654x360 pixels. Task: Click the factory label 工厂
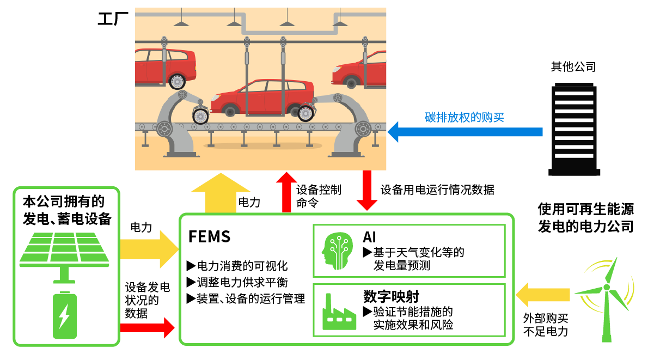113,19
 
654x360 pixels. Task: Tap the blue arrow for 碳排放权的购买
465,132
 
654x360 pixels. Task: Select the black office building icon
573,130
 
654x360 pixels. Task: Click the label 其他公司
573,67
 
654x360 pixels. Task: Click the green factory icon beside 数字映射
338,311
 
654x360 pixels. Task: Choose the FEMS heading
209,237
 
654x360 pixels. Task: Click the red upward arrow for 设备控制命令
284,192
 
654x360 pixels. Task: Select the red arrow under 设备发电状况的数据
147,328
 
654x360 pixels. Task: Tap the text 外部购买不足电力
545,325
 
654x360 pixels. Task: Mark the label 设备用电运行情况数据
437,190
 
